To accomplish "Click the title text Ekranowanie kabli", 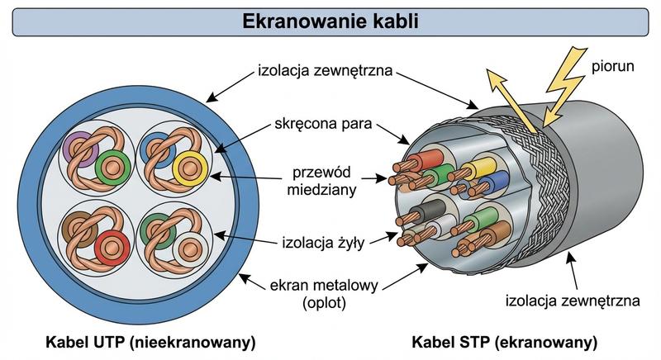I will tap(330, 21).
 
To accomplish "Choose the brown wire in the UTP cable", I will tap(78, 223).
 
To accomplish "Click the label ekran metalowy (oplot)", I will tap(324, 294).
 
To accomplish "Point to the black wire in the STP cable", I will tap(430, 214).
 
